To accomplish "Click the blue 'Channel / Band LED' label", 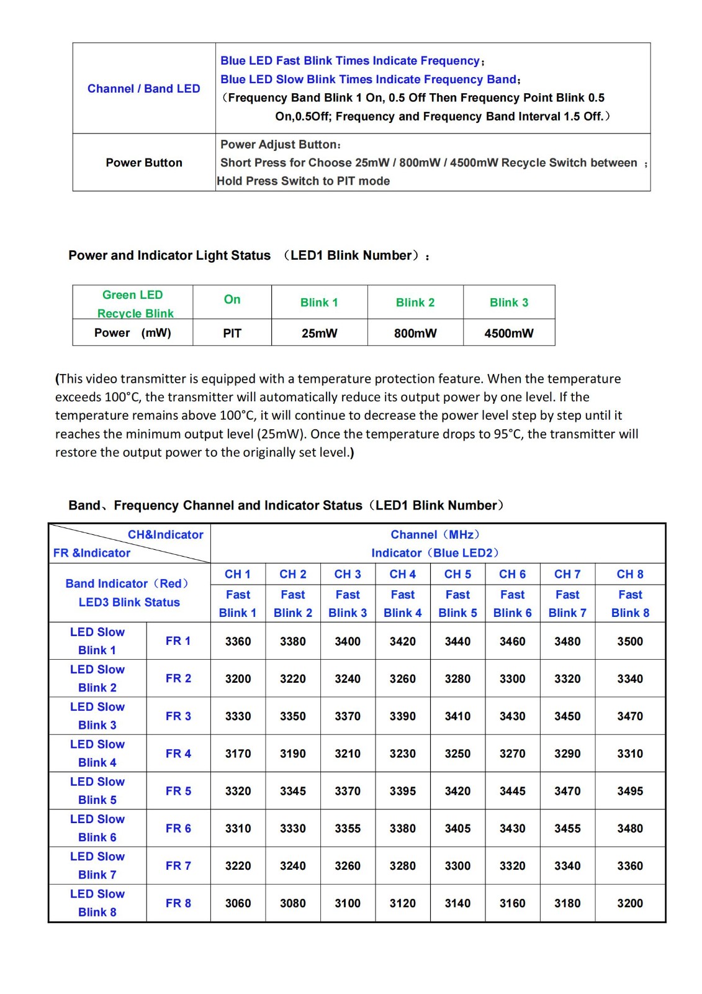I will click(143, 89).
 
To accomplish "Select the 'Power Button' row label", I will click(143, 163).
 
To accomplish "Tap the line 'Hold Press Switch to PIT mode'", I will click(304, 181).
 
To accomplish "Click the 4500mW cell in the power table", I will click(509, 334).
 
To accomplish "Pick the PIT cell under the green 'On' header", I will click(232, 334).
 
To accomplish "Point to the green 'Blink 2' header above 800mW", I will click(415, 303).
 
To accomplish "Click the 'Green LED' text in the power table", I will click(132, 295).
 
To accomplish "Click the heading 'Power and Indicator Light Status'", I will click(169, 255).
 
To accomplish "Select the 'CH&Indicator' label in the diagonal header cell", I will click(165, 535).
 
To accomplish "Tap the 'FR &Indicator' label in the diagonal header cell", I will click(92, 553).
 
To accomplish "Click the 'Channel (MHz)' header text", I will click(434, 535).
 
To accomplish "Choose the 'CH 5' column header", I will click(457, 575).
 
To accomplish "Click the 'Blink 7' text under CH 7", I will click(567, 613).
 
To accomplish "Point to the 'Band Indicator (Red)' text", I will click(127, 584).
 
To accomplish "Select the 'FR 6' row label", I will click(178, 829).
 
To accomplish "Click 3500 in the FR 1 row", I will click(630, 642).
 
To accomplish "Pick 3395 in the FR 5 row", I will click(403, 791).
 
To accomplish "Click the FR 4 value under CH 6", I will click(513, 754).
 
